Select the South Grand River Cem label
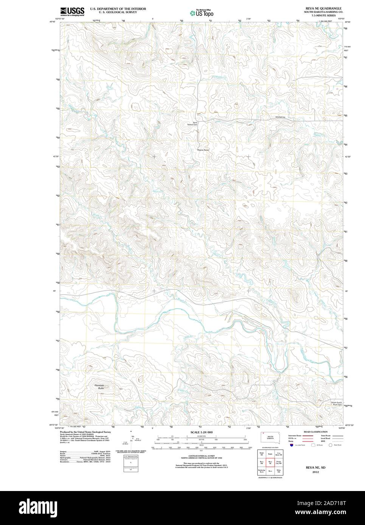point(337,404)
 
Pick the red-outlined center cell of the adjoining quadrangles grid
point(270,462)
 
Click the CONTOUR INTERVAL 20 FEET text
point(201,456)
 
